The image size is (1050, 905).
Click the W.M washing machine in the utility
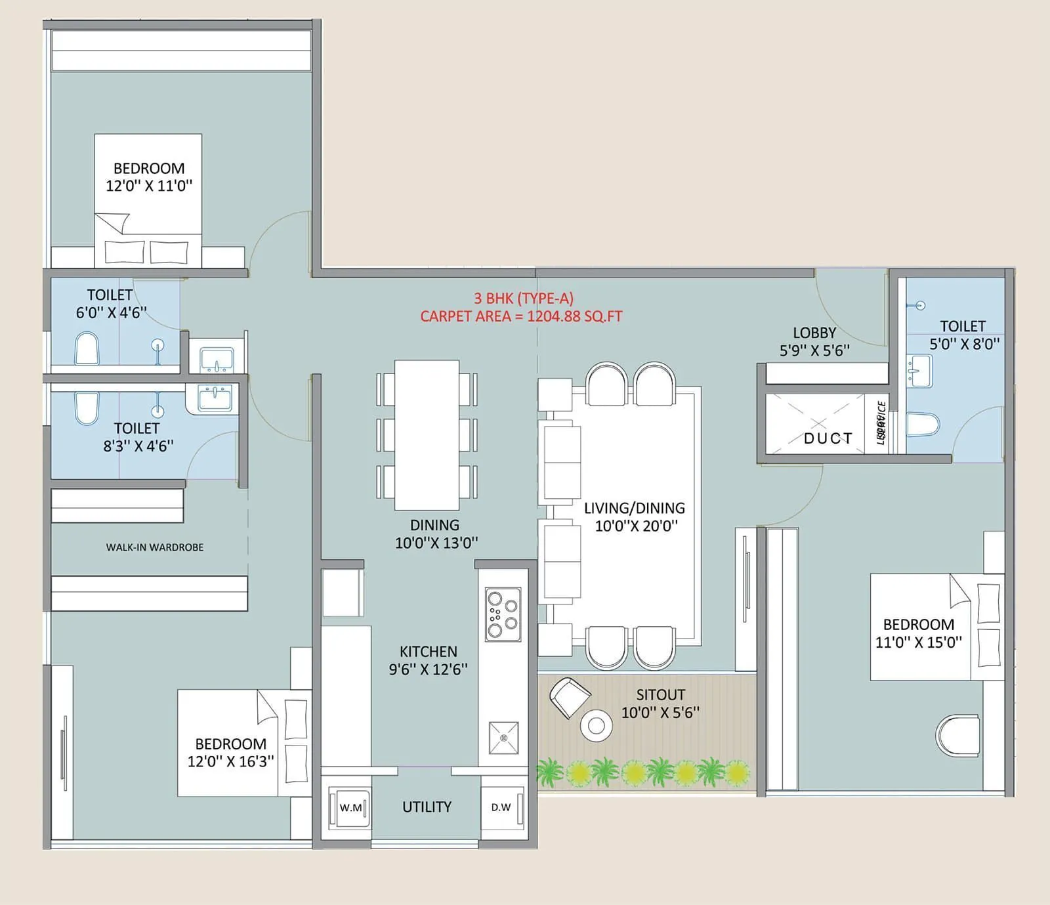350,807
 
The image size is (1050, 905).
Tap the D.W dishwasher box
502,807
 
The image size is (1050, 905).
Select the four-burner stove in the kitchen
503,614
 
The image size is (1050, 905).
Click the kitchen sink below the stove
503,738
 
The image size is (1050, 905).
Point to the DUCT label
828,438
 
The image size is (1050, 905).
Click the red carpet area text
521,316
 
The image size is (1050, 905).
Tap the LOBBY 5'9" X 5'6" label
814,342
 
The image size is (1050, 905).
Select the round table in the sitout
596,725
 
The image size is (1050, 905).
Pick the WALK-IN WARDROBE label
155,547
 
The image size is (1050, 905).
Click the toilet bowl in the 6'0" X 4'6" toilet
87,348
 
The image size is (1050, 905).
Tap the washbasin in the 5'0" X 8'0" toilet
919,371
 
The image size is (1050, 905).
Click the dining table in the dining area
427,434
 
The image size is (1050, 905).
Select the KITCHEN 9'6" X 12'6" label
428,660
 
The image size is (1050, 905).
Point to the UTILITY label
427,807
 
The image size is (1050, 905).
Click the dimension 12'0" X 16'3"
230,761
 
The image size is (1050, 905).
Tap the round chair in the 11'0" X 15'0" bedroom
958,735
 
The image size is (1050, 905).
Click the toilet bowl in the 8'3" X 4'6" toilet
87,407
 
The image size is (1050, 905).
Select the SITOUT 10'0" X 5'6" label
660,704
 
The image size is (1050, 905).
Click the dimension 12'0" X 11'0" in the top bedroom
149,186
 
